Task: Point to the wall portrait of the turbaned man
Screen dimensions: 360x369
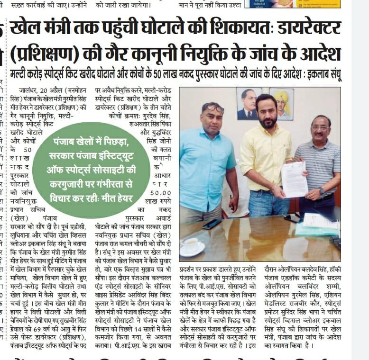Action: (x=281, y=104)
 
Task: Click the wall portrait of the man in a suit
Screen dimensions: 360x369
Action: (x=249, y=103)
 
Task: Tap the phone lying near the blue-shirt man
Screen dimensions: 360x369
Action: (x=212, y=224)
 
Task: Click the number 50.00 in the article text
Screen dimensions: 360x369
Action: (x=160, y=193)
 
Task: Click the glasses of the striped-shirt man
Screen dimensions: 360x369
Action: (x=320, y=127)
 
